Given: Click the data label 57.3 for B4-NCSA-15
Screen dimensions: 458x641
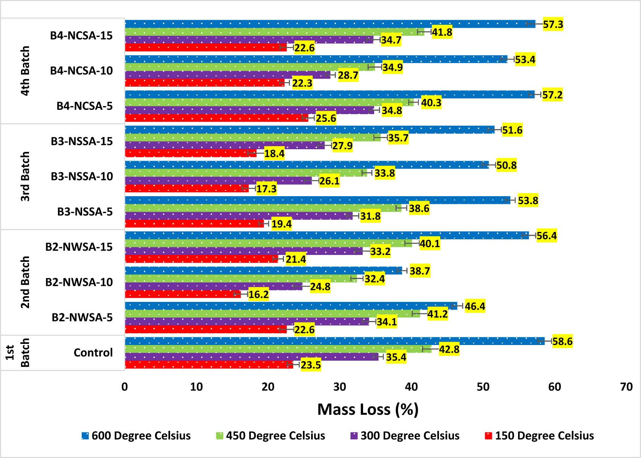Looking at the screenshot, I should pyautogui.click(x=553, y=24).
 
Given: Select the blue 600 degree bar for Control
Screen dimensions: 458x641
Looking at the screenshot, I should pyautogui.click(x=334, y=341).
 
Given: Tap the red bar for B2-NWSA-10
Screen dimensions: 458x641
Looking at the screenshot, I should pyautogui.click(x=182, y=294).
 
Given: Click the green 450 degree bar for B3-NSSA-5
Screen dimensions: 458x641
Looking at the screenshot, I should pyautogui.click(x=263, y=208).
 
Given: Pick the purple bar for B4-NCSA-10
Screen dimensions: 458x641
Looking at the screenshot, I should pyautogui.click(x=227, y=75).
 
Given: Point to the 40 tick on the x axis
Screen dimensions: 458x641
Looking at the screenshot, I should pyautogui.click(x=411, y=387).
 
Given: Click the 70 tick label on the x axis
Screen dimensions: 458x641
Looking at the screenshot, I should pyautogui.click(x=626, y=387).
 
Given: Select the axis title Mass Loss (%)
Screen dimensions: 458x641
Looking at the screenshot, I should pyautogui.click(x=368, y=410).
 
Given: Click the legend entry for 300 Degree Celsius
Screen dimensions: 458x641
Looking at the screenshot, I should pyautogui.click(x=405, y=435).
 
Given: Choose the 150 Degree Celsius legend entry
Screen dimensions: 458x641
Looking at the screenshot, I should pyautogui.click(x=539, y=435).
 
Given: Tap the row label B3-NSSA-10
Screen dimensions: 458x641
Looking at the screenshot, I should pyautogui.click(x=82, y=176).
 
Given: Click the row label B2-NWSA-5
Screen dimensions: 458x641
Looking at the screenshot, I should pyautogui.click(x=82, y=318).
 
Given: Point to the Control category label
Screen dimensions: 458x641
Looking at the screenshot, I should pyautogui.click(x=93, y=353).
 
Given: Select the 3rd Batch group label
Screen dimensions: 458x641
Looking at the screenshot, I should pyautogui.click(x=25, y=176).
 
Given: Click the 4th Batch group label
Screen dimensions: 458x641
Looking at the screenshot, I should pyautogui.click(x=25, y=71).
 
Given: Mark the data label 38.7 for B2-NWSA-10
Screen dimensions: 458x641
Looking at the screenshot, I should pyautogui.click(x=420, y=271).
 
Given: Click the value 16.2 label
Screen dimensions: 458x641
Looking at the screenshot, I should pyautogui.click(x=258, y=295).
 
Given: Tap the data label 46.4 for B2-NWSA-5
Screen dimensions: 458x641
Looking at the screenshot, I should pyautogui.click(x=475, y=306).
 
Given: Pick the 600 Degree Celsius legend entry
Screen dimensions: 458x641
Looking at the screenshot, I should pyautogui.click(x=136, y=435).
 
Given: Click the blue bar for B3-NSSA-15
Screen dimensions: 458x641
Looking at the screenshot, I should pyautogui.click(x=309, y=130).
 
